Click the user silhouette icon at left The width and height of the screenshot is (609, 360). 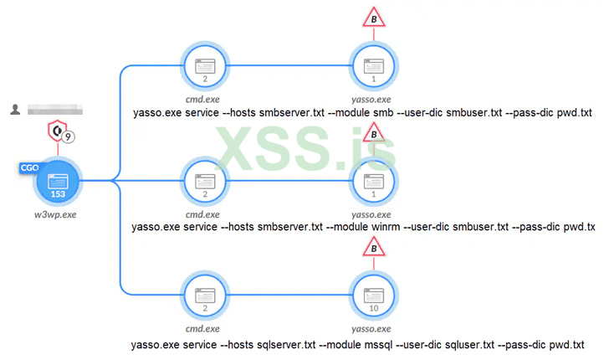15,110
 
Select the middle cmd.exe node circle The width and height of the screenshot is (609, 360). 204,181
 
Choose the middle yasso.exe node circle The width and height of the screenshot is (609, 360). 372,181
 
